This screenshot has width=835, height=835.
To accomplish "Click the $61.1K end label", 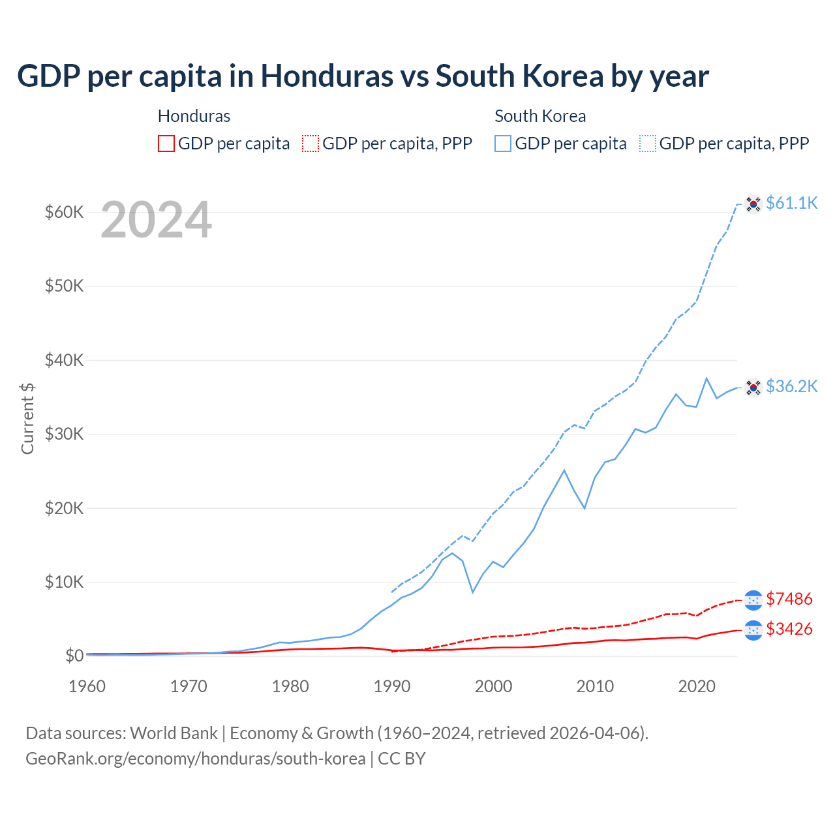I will pos(791,204).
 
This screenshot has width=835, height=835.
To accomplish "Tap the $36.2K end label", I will pos(791,387).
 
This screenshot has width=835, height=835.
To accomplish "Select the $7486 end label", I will pos(789,599).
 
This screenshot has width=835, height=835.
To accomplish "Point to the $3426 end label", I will pos(789,630).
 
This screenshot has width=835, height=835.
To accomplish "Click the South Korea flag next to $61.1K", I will pos(753,204).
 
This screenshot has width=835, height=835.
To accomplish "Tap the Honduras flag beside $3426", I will pos(753,630).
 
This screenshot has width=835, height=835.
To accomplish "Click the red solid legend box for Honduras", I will pos(166,144).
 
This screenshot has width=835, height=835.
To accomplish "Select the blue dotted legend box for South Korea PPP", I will pos(648,144).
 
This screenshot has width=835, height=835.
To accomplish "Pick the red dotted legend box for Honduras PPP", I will pos(311,144).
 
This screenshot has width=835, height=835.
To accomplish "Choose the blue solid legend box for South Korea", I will pos(503,144).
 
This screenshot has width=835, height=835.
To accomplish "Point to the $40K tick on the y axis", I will pos(64,360).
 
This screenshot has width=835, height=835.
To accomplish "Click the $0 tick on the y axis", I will pos(74,656).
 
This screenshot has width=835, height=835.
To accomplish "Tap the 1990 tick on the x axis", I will pos(392,686).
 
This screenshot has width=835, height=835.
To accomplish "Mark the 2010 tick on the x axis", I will pos(595,686).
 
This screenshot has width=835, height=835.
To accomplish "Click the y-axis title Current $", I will pos(27,418).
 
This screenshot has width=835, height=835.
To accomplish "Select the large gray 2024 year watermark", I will pos(156,220).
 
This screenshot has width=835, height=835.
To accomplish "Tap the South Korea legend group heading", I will pos(540,116).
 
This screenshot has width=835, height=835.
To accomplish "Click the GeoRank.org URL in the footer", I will pos(195,759).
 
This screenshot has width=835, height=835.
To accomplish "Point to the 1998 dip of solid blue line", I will pos(473,592).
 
